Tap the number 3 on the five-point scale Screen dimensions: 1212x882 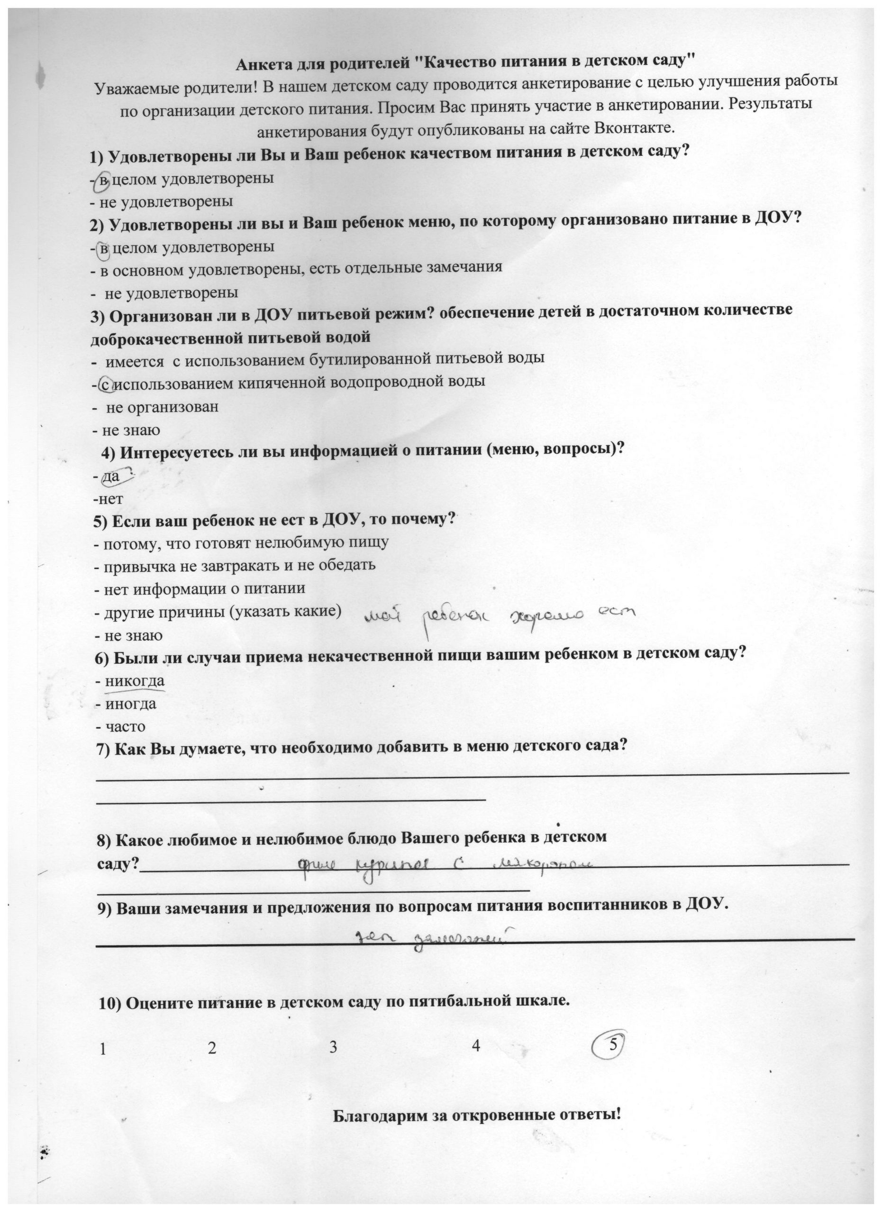coord(333,1047)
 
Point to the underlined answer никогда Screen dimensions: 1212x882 coord(135,681)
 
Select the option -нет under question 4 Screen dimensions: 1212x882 coord(108,499)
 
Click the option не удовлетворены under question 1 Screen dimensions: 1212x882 coord(166,202)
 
